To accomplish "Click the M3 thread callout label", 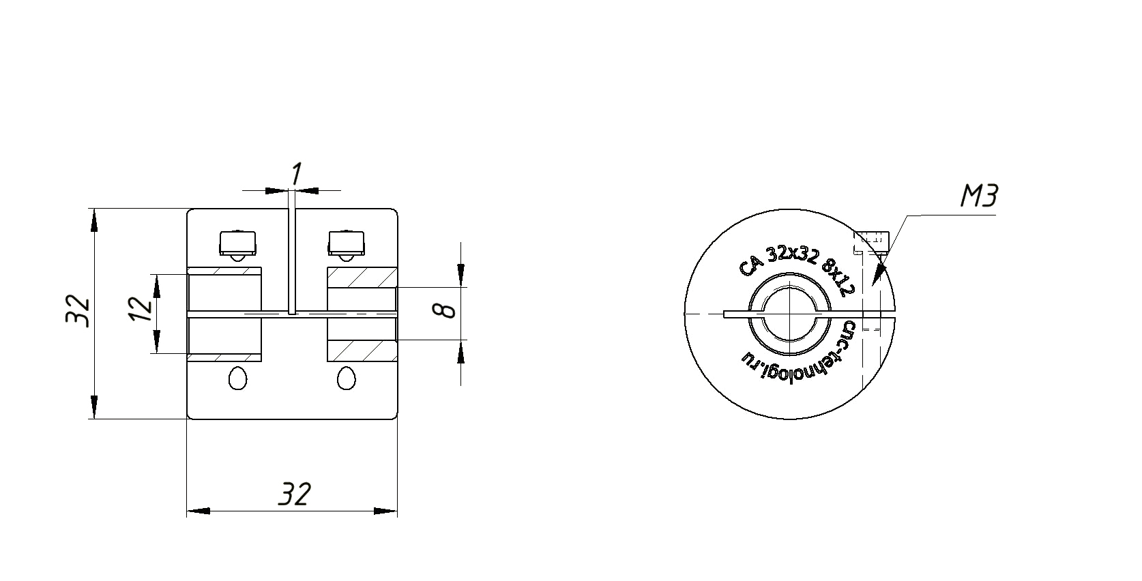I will pyautogui.click(x=979, y=197).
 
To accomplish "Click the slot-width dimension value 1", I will pyautogui.click(x=296, y=175).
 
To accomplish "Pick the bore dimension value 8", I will pyautogui.click(x=446, y=311).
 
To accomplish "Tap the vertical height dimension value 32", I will pyautogui.click(x=78, y=311).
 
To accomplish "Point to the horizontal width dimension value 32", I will pyautogui.click(x=295, y=494).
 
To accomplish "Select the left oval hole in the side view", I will pyautogui.click(x=238, y=378).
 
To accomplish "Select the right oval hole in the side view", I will pyautogui.click(x=347, y=378).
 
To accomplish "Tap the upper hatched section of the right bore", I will pyautogui.click(x=362, y=278).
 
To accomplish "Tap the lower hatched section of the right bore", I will pyautogui.click(x=362, y=350).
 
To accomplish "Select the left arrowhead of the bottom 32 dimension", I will pyautogui.click(x=198, y=510).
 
